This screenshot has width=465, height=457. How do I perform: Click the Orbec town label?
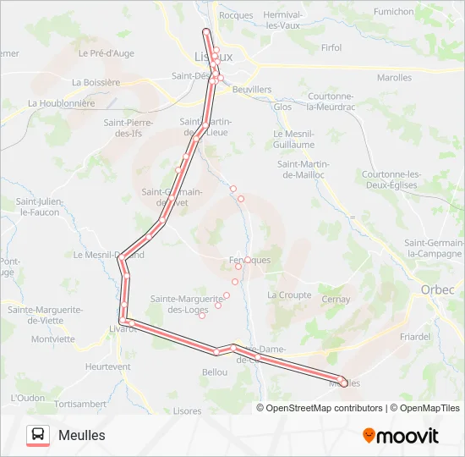click(437, 289)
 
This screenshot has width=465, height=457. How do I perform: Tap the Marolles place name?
click(394, 78)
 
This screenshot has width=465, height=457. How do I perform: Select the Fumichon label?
click(394, 12)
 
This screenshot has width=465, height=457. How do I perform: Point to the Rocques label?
click(236, 15)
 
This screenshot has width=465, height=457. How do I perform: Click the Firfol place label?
click(331, 48)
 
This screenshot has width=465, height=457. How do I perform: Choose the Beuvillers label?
click(251, 89)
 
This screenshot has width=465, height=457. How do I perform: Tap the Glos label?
click(282, 107)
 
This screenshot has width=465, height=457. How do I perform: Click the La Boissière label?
click(96, 82)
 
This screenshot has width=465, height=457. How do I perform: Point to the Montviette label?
click(53, 339)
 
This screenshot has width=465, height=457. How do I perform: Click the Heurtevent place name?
click(108, 366)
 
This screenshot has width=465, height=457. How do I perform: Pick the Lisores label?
click(187, 410)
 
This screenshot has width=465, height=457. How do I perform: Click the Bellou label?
click(216, 372)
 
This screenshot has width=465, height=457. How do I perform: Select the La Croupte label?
click(289, 295)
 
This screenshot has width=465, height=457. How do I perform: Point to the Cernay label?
click(336, 300)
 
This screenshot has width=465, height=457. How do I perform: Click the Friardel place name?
click(415, 336)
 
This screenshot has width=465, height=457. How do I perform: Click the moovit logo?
click(401, 435)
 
